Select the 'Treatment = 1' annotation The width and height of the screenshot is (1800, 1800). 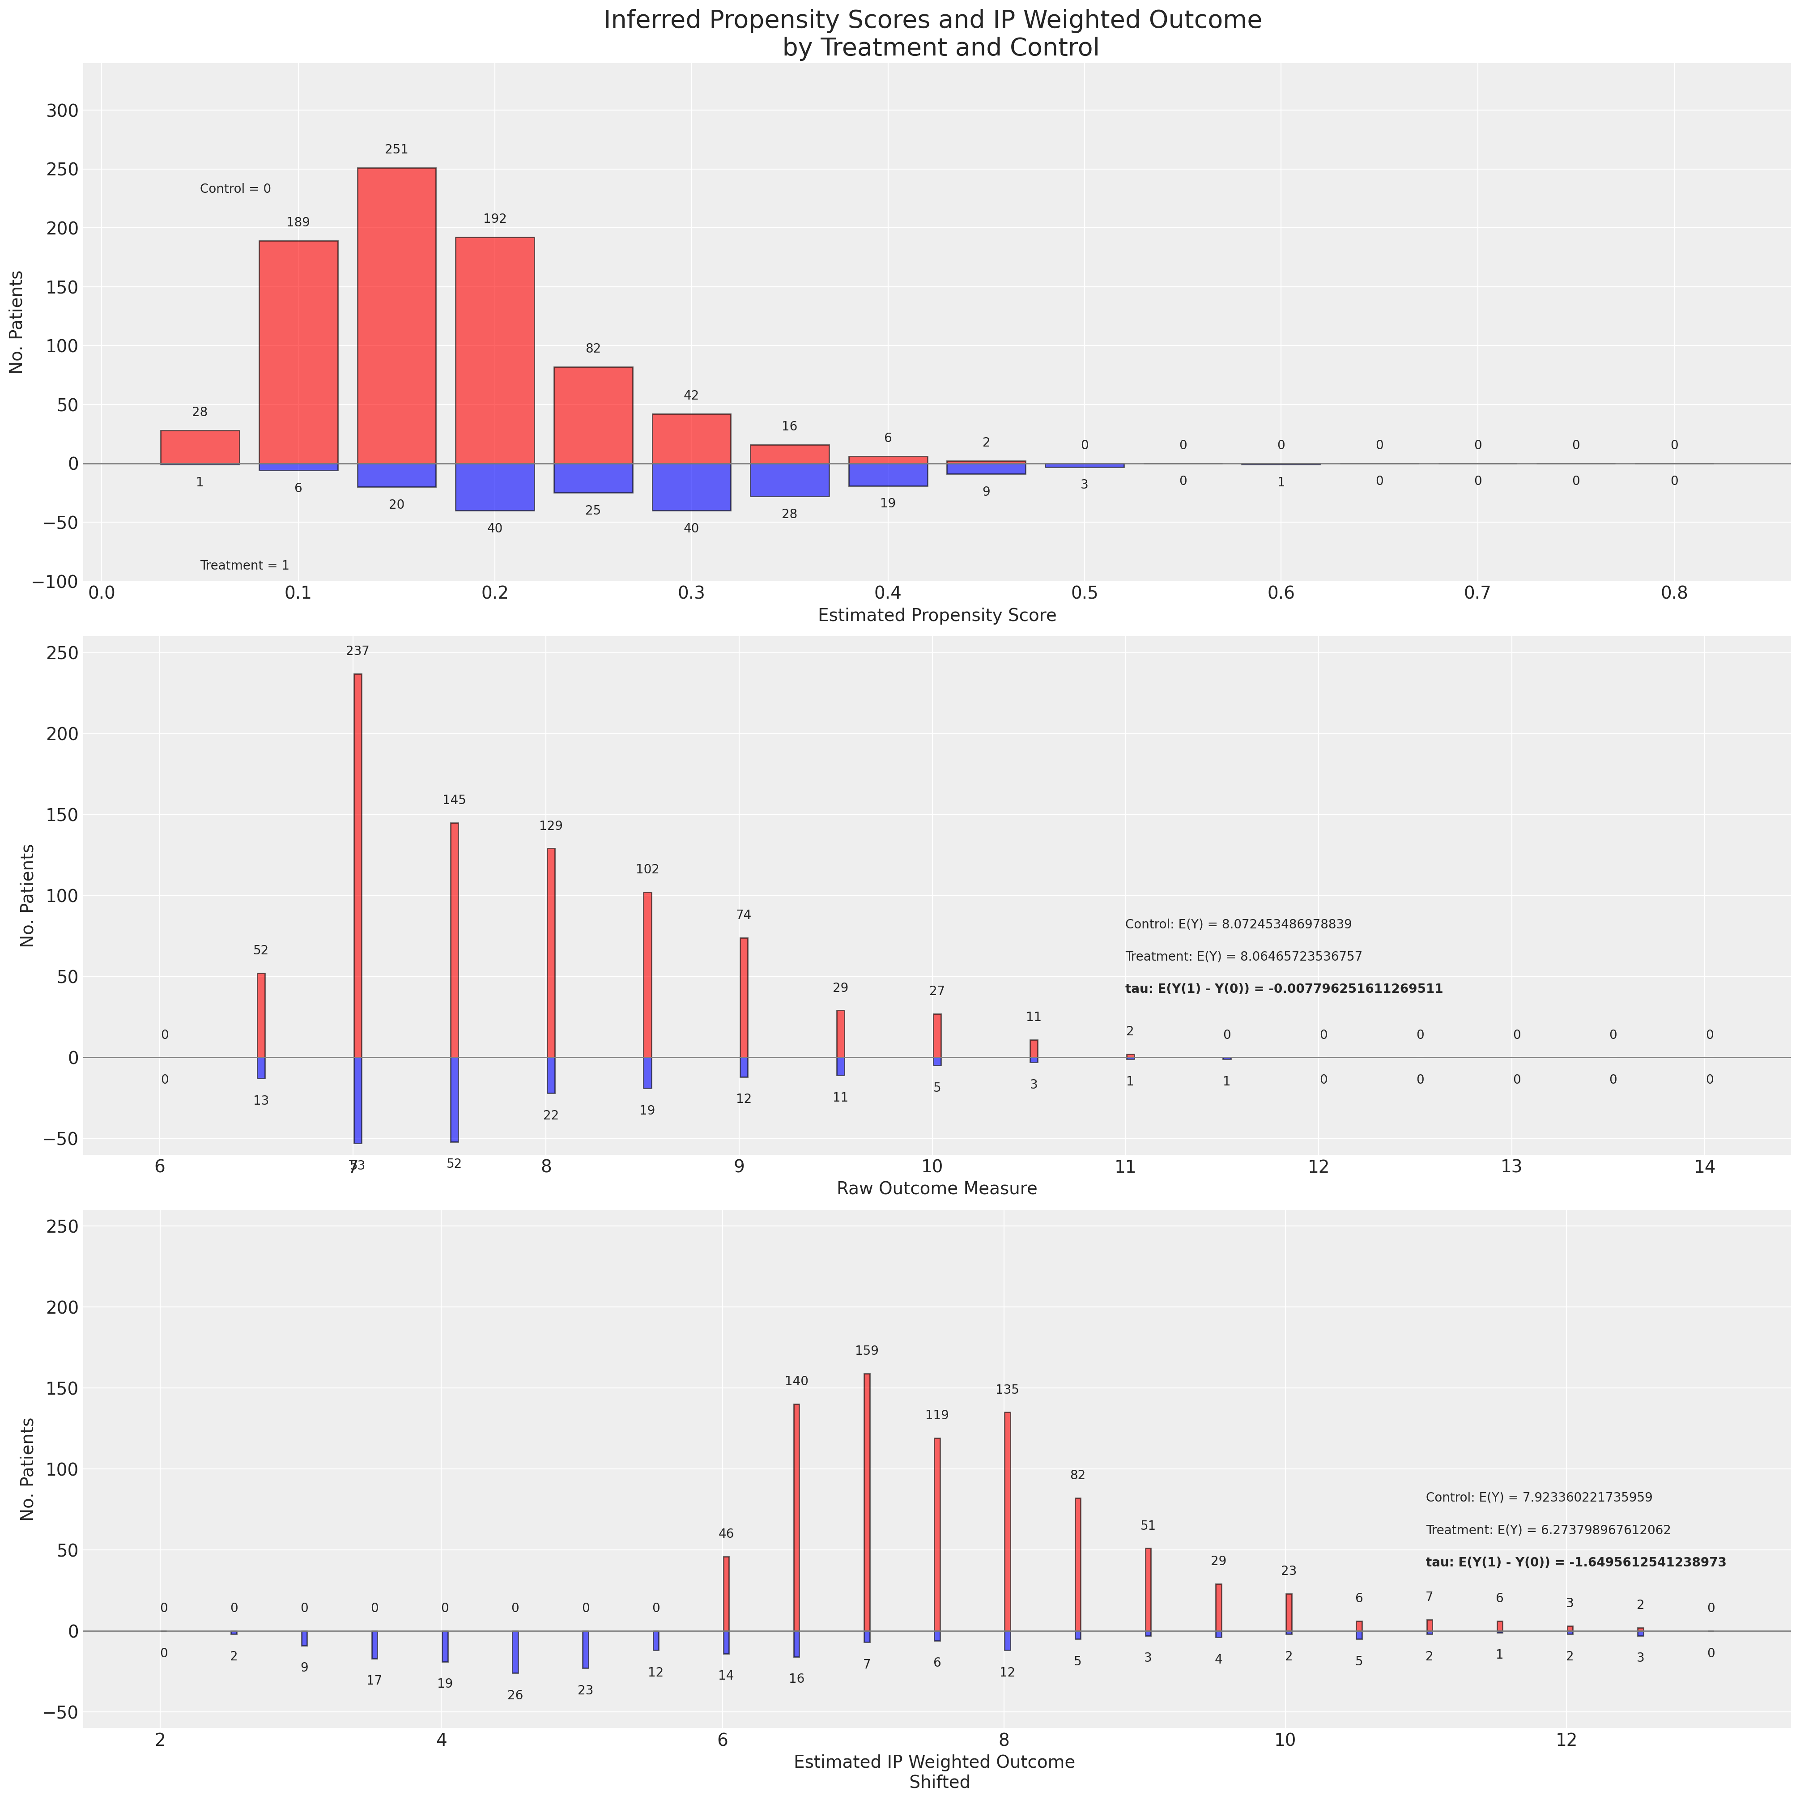coord(244,566)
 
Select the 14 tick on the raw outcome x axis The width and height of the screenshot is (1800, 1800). coord(1704,1166)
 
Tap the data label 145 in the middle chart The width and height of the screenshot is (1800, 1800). coord(454,800)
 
